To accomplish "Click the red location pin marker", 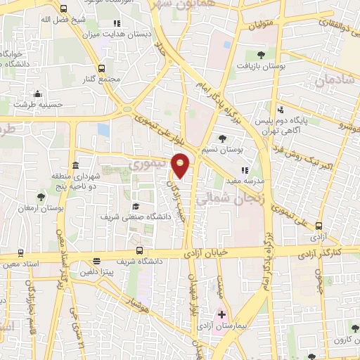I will [181, 165].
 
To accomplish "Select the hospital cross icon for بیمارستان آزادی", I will [222, 314].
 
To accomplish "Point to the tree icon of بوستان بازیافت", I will [261, 54].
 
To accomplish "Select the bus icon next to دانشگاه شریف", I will [139, 251].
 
